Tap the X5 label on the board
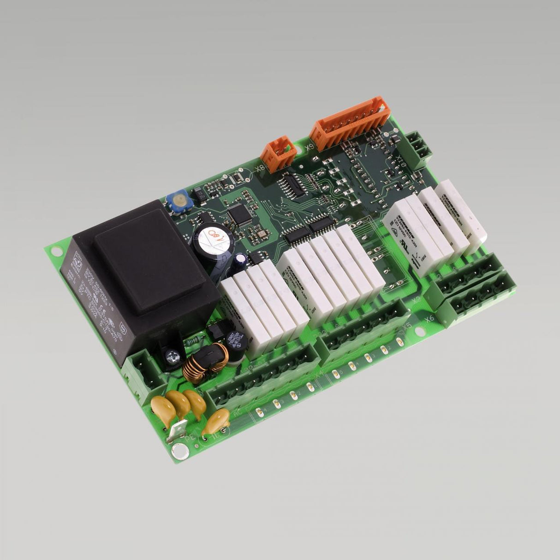tap(407, 327)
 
